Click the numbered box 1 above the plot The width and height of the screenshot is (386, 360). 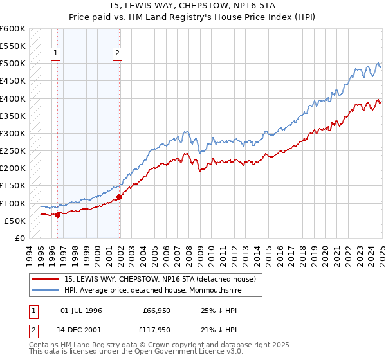(57, 54)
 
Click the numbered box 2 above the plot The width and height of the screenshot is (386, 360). (118, 54)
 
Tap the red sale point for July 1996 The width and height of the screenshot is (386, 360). (57, 215)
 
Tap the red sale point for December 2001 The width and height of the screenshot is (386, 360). (120, 197)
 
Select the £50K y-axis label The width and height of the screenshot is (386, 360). (15, 221)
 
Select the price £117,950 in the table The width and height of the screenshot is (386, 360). (156, 332)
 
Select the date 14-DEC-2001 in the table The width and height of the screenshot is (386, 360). (82, 332)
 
